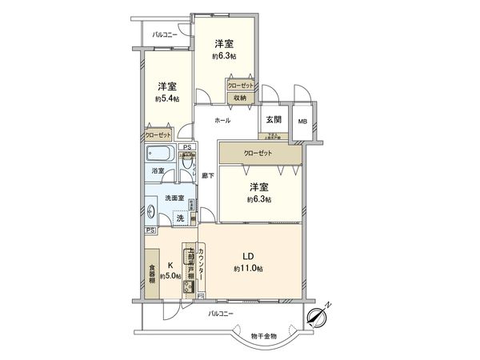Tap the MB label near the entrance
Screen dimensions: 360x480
coord(302,122)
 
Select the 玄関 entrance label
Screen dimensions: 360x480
coord(272,121)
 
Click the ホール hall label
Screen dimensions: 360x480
coord(222,121)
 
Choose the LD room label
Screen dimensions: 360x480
coord(250,257)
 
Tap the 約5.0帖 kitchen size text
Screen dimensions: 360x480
coord(170,276)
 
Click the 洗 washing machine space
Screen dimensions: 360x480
coord(179,218)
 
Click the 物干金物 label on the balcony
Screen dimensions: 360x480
coord(263,336)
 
